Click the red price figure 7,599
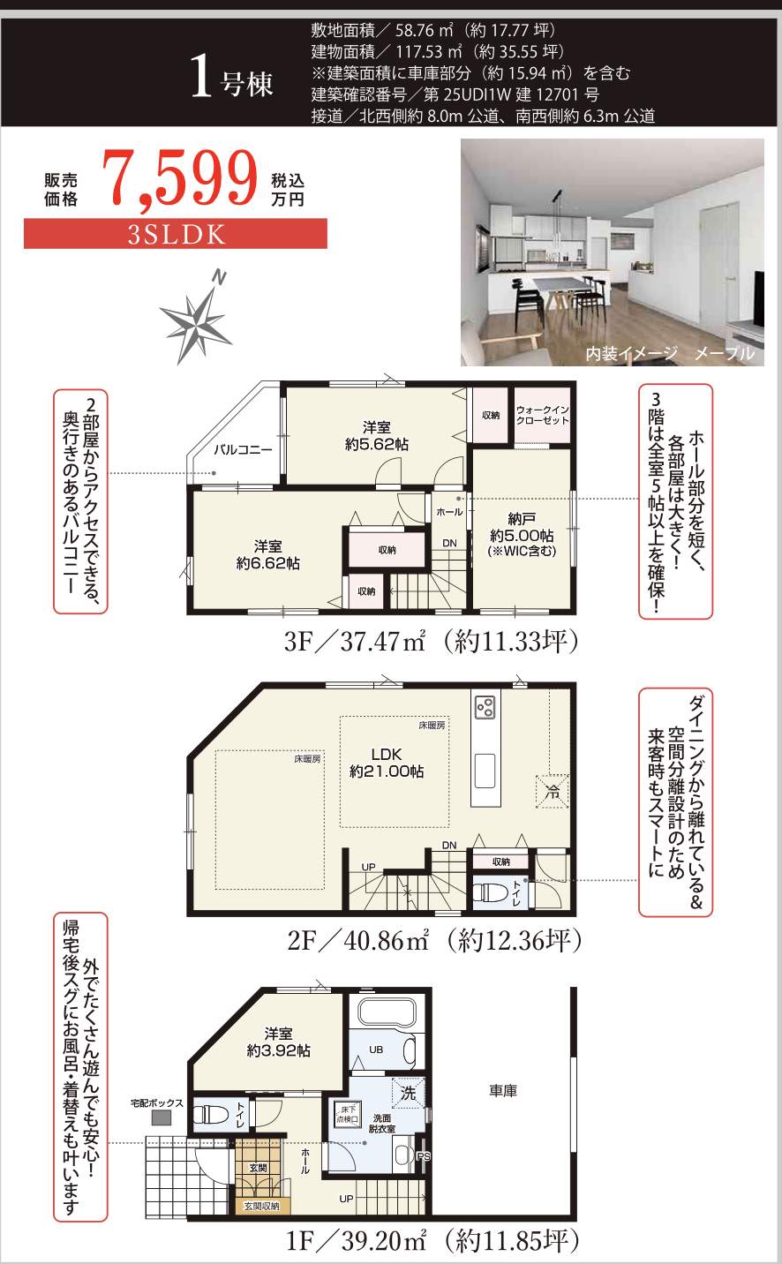pos(180,179)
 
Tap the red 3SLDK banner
pos(176,234)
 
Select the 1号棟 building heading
pos(232,79)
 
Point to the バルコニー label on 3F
pos(243,450)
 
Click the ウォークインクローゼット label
pos(542,416)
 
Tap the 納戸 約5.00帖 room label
pos(522,534)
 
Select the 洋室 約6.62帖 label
pos(268,554)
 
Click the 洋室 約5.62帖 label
pos(377,436)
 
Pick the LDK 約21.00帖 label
pos(387,763)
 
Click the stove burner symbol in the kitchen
pos(485,707)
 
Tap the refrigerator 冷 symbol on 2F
pos(553,792)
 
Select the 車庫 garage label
pos(503,1091)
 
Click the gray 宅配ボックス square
pos(161,1117)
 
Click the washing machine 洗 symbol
pos(408,1093)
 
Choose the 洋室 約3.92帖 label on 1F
pos(279,1042)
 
